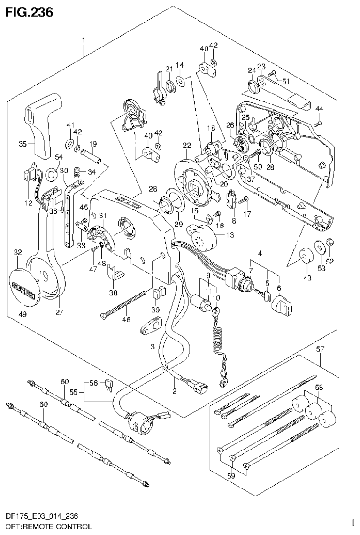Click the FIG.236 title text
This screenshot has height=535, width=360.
pyautogui.click(x=29, y=11)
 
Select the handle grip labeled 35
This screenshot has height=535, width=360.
pyautogui.click(x=44, y=124)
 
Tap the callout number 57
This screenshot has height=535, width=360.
pyautogui.click(x=320, y=349)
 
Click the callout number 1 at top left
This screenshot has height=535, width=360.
pyautogui.click(x=84, y=40)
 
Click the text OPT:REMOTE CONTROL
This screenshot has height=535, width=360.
pyautogui.click(x=48, y=527)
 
